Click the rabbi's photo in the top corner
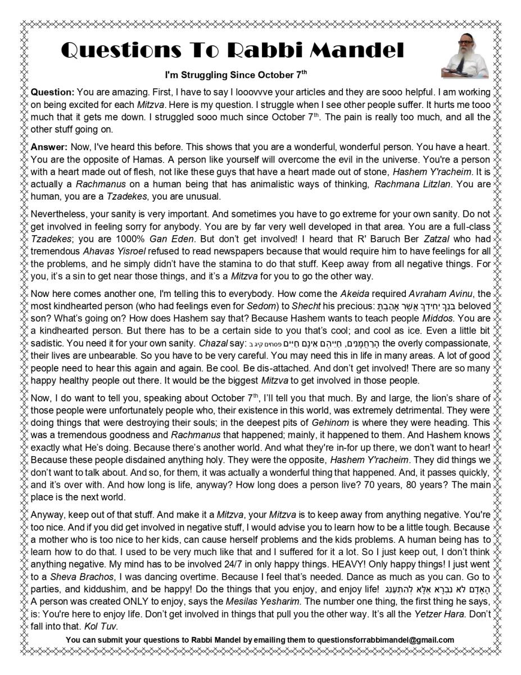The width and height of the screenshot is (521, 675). pos(465,60)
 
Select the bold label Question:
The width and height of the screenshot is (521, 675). pos(52,92)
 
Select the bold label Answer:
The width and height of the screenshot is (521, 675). pos(49,146)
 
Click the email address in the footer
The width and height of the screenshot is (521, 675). pos(386,640)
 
